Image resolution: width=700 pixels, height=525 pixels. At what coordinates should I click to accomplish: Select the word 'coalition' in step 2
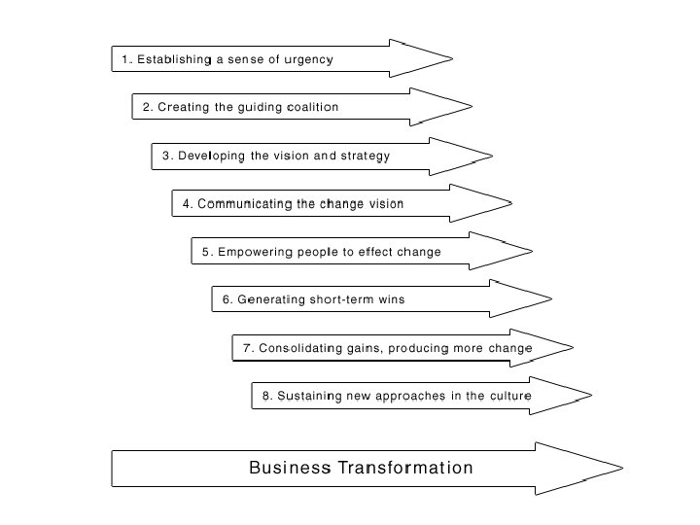(x=312, y=107)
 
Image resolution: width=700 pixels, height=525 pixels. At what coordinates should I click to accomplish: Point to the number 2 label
(x=147, y=107)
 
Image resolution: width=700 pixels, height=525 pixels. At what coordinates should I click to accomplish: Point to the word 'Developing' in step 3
(x=211, y=156)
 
